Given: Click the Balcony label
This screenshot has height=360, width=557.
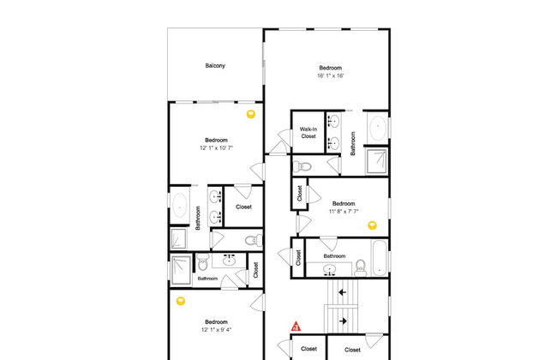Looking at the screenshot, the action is pos(215,66).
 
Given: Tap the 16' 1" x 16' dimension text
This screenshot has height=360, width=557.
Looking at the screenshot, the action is pos(331,75).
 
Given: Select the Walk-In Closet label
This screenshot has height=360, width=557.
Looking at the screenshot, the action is pos(308,133).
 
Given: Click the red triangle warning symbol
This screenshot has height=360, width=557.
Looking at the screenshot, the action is pos(296,327).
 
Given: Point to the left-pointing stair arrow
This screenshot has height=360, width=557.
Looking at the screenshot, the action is pos(343,292).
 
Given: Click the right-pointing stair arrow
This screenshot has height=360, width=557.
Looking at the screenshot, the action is pos(343,321).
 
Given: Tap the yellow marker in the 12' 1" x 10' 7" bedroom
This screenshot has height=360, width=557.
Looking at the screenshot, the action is pos(251,114).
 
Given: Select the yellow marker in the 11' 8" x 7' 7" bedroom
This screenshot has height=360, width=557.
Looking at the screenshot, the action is pos(372,225).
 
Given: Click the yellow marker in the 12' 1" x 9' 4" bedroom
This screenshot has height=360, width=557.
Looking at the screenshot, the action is pos(181,302).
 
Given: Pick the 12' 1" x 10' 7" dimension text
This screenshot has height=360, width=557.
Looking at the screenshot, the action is pos(216,147).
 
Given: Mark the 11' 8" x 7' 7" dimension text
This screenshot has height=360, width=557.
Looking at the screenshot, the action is pos(344,211).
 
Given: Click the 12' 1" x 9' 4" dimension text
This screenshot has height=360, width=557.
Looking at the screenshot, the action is pos(216,329).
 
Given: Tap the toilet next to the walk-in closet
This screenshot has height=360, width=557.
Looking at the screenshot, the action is pos(302,166).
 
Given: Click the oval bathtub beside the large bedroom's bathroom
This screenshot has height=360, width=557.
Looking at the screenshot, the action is pos(378,127).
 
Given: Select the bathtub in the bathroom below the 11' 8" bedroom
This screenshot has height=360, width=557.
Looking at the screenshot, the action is pos(380,258).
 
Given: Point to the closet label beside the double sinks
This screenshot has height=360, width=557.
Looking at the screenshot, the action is pos(243,207).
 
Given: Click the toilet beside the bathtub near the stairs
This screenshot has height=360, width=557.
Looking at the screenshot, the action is pos(360,268).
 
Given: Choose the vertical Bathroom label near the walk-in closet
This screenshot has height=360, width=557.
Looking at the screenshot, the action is pos(353,143).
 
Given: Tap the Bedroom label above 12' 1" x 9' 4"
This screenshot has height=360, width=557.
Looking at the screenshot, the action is pos(216,322).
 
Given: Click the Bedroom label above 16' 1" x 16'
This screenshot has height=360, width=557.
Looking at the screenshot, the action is pos(331,68).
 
